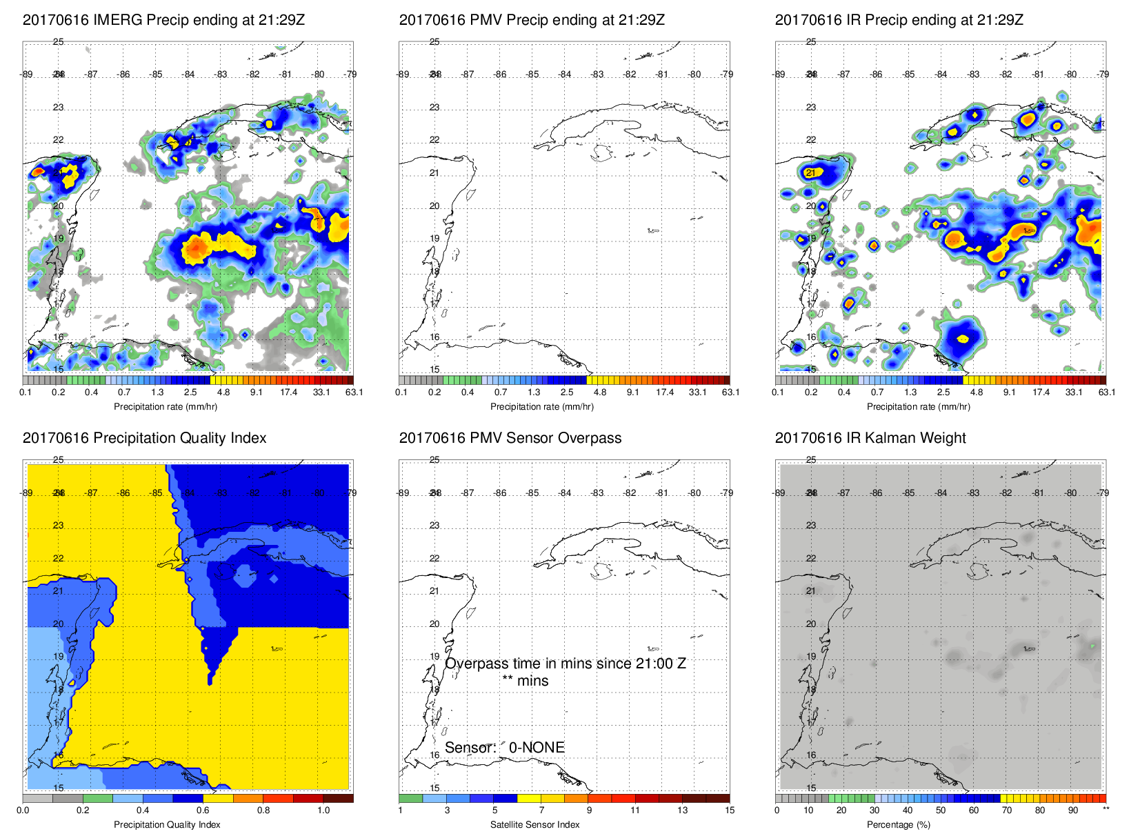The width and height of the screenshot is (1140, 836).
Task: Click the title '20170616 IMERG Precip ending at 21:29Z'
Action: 163,20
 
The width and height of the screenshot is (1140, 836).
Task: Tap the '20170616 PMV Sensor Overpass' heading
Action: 510,438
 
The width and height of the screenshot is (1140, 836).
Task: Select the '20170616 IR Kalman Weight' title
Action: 870,438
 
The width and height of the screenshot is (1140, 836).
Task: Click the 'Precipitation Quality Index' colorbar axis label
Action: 167,824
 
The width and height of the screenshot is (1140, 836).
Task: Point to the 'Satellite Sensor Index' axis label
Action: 534,824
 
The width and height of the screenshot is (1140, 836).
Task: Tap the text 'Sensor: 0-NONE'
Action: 504,748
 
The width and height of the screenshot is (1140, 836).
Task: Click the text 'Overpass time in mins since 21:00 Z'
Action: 565,664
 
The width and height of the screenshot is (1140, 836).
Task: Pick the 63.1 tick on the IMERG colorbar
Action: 354,392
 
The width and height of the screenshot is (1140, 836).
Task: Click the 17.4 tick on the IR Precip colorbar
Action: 1041,392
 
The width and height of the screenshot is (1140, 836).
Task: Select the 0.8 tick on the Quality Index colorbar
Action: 263,810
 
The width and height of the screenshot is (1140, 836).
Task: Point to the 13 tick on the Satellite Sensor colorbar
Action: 682,810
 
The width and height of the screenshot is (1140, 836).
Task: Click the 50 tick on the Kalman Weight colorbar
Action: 940,810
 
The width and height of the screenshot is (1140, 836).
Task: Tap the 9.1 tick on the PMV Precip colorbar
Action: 632,392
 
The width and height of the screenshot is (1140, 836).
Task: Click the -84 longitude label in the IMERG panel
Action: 188,74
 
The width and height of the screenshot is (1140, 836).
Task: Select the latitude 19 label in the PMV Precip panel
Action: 434,239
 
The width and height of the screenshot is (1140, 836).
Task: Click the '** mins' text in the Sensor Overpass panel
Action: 525,681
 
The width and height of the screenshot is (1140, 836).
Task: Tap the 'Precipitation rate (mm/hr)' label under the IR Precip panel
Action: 918,407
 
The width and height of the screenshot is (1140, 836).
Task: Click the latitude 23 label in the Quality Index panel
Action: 59,526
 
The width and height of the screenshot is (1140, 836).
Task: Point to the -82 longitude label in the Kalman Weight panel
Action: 1006,493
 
